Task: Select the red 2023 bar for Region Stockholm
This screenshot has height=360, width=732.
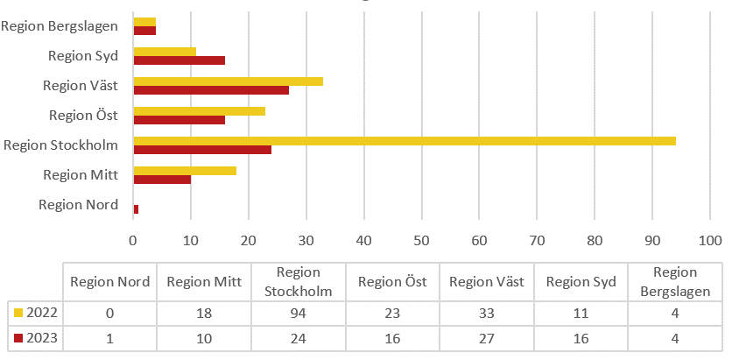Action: tap(202, 150)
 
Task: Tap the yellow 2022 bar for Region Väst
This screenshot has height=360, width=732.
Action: tap(228, 81)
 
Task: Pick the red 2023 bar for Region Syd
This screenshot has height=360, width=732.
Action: tap(179, 60)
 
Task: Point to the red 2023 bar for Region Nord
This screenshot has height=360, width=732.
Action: tap(136, 209)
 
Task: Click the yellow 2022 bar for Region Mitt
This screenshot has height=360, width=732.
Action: tap(185, 171)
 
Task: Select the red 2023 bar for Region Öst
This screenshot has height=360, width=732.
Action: tap(179, 120)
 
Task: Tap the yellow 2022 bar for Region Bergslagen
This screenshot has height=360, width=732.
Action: tap(144, 21)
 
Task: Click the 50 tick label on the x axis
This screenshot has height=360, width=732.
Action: tap(422, 238)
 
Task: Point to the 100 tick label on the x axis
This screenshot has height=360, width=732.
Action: tap(709, 238)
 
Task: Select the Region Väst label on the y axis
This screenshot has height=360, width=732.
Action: tap(81, 86)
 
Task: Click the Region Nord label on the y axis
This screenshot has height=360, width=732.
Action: tap(78, 204)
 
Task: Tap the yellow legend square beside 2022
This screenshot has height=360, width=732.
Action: tap(19, 313)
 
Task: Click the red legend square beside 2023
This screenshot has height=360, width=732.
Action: tap(19, 337)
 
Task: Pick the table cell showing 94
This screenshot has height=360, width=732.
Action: tap(298, 313)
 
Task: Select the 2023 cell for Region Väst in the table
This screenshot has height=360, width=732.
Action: tap(487, 337)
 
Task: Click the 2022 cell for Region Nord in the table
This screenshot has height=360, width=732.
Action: tap(109, 313)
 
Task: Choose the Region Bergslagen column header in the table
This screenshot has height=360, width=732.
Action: tap(675, 281)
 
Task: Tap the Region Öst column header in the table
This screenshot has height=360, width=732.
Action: tap(392, 281)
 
